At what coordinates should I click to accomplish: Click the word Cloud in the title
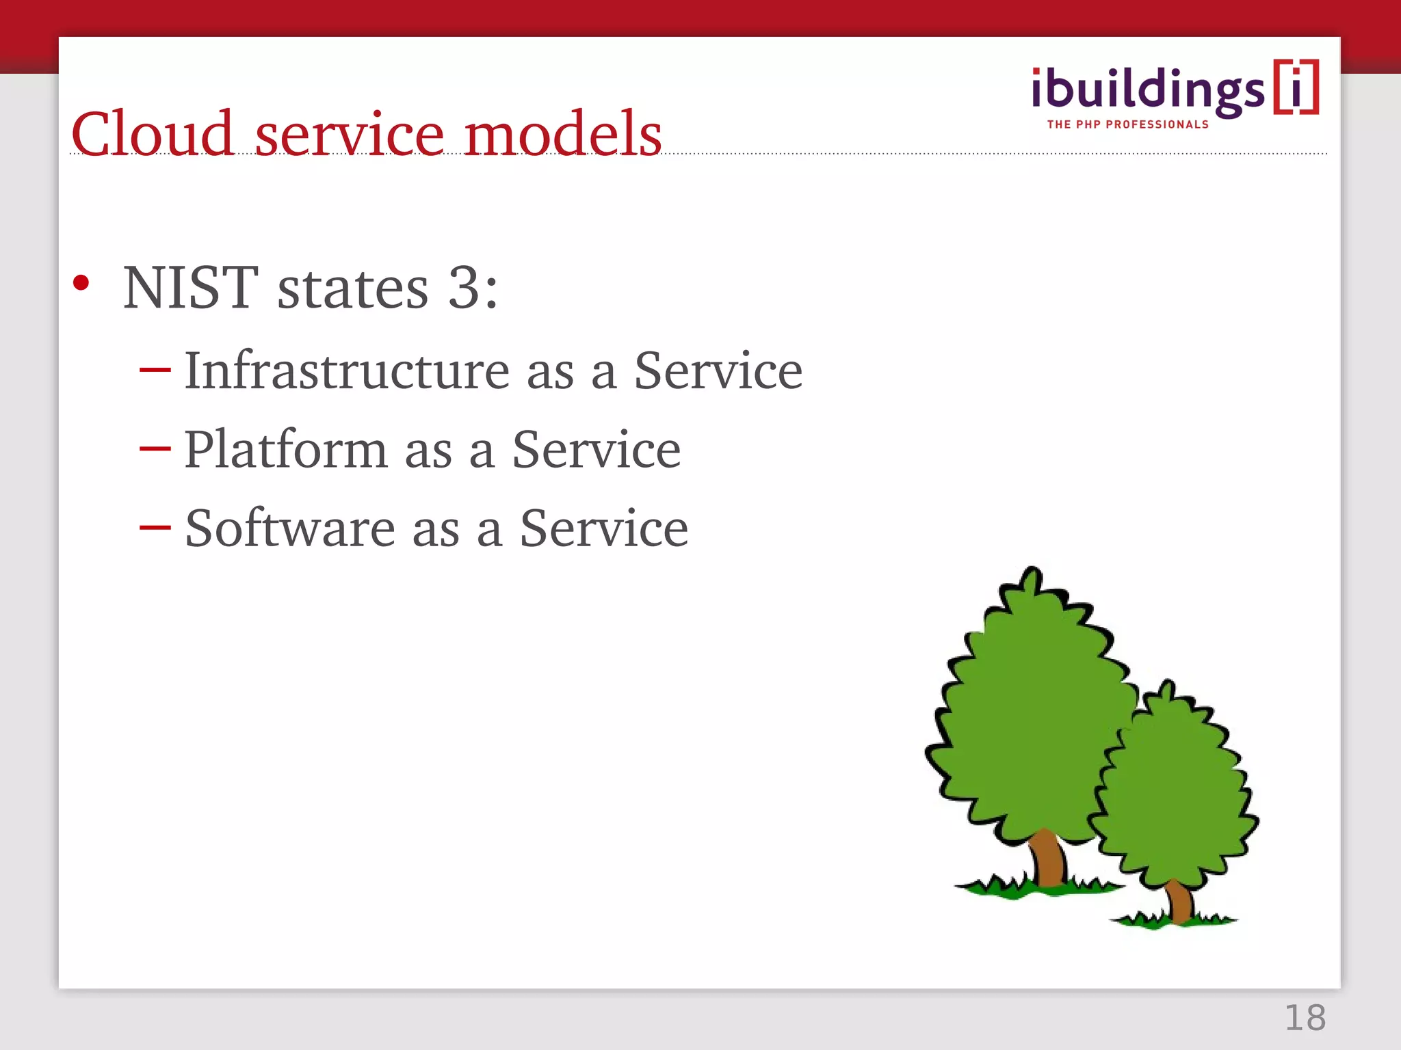[x=153, y=134]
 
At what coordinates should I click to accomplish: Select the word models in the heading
[x=562, y=134]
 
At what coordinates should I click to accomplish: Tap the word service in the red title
[x=349, y=135]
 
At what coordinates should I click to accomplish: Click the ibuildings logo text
[x=1148, y=90]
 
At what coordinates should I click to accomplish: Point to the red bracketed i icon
[x=1296, y=87]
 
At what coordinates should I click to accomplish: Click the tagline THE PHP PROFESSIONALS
[x=1127, y=124]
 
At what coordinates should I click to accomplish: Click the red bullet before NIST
[x=81, y=283]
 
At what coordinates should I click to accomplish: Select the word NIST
[x=191, y=288]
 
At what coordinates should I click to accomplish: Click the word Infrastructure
[x=347, y=371]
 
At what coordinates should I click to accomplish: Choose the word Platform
[x=285, y=450]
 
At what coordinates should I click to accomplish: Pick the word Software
[x=290, y=528]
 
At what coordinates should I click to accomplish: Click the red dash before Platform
[x=155, y=449]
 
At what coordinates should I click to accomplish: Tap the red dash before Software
[x=155, y=527]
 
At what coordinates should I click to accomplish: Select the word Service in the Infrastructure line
[x=718, y=371]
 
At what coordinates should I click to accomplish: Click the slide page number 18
[x=1305, y=1018]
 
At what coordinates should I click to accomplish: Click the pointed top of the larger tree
[x=1032, y=574]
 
